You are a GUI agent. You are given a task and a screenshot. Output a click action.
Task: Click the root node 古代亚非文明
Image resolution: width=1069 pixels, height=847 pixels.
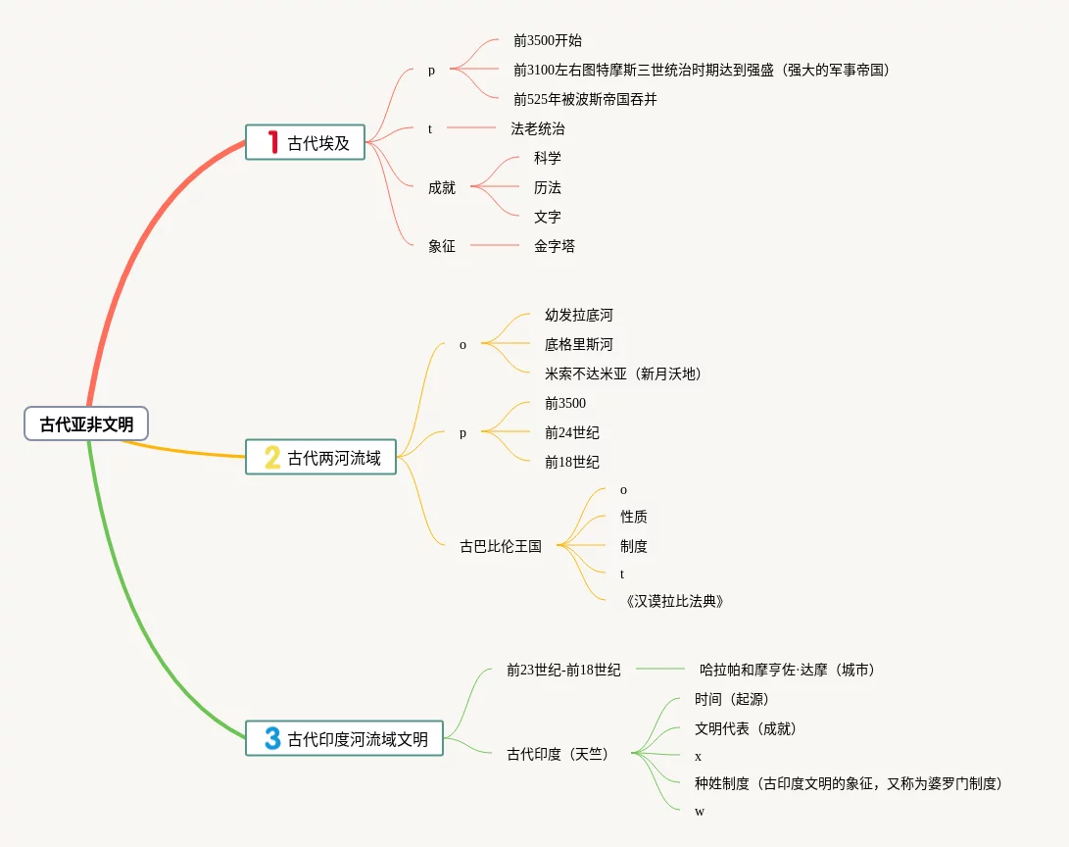tap(86, 424)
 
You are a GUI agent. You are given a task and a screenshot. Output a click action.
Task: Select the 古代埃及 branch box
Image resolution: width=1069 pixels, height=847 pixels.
tap(305, 142)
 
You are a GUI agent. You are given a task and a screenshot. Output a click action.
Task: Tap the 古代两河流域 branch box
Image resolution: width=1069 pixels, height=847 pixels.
tap(320, 457)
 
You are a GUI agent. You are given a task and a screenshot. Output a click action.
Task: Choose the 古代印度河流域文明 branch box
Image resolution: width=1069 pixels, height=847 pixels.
tap(344, 738)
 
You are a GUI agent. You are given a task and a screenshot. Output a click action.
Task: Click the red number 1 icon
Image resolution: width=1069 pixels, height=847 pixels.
tap(273, 142)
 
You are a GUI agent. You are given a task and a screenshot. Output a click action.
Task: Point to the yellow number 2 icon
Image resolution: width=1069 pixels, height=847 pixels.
tap(272, 457)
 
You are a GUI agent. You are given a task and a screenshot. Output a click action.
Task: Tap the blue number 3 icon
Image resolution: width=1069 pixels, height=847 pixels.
tap(272, 738)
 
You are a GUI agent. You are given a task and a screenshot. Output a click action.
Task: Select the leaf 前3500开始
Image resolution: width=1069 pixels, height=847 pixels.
tap(547, 40)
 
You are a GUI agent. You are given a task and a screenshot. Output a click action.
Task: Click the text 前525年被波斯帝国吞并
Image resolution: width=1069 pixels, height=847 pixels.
tap(585, 99)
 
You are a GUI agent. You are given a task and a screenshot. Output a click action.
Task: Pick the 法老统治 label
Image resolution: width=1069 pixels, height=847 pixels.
tap(537, 128)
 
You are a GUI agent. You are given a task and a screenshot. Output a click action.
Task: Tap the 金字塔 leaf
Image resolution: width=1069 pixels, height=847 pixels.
tap(554, 246)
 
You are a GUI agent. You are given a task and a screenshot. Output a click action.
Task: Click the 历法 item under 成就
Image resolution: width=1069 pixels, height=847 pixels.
tap(547, 187)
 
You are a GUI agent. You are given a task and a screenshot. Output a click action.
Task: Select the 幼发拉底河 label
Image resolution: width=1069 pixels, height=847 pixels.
tap(578, 315)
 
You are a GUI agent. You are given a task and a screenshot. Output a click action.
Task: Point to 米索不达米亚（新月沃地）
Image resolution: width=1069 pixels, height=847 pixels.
tap(623, 374)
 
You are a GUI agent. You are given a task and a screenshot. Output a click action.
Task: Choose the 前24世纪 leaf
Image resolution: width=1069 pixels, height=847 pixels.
tap(571, 432)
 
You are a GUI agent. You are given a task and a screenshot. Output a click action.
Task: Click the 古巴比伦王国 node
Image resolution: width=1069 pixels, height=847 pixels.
tap(500, 546)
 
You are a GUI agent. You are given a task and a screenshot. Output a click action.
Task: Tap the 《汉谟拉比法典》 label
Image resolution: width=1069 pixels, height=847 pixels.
tap(673, 601)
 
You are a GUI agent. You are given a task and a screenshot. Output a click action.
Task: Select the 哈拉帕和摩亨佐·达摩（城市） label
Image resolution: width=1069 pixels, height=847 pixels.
tap(787, 670)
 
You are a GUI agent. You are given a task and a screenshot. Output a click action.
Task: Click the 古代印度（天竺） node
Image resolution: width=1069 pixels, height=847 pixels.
tap(557, 754)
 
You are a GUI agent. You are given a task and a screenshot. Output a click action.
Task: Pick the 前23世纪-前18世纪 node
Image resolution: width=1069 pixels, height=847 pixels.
tap(562, 670)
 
